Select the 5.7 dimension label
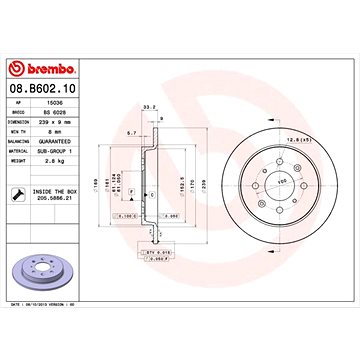pyautogui.click(x=132, y=130)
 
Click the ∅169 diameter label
pyautogui.click(x=96, y=183)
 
